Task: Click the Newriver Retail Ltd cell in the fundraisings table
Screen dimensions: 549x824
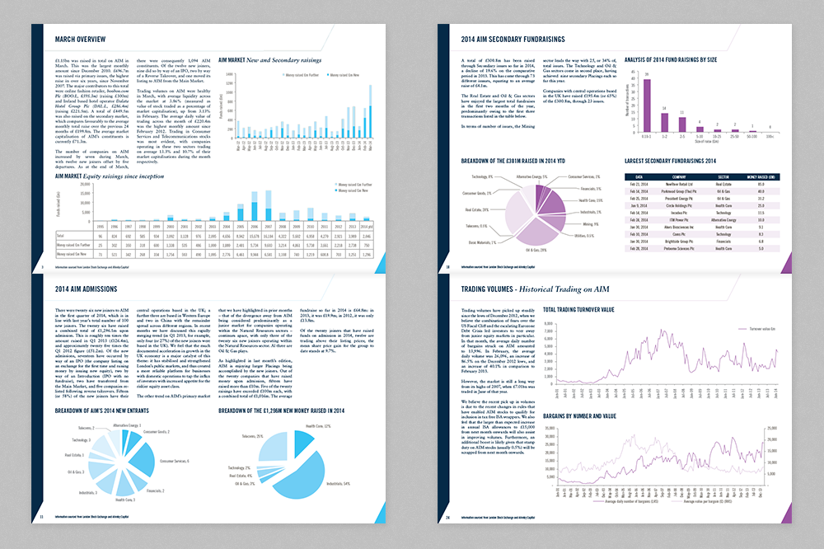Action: [x=680, y=185]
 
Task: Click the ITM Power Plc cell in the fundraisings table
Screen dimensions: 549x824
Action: [x=680, y=219]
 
